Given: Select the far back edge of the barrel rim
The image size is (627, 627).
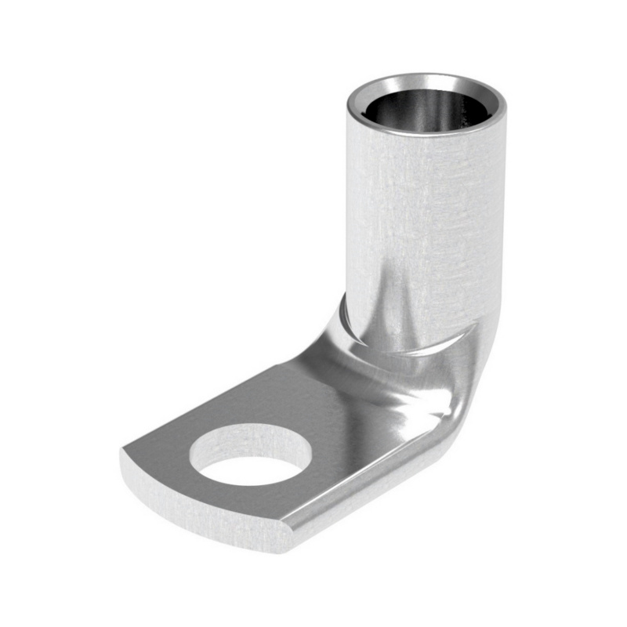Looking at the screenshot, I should [423, 76].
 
